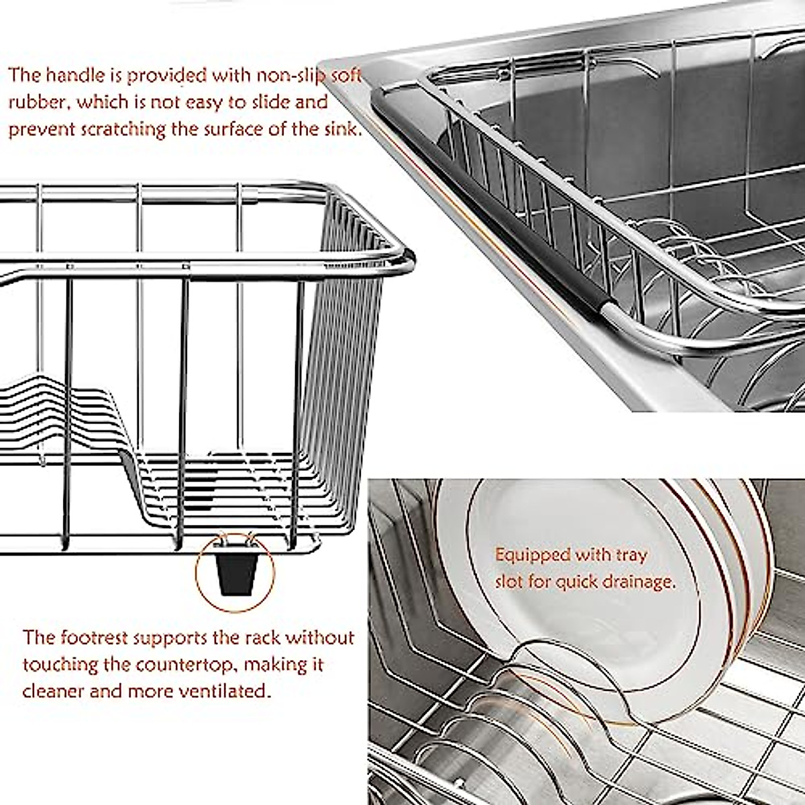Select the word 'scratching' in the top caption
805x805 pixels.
tap(123, 129)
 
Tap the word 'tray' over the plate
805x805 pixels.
tap(630, 555)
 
